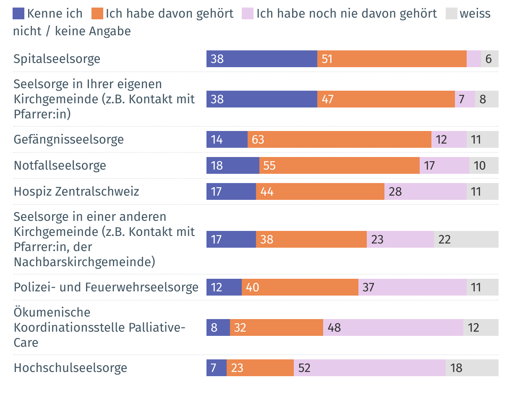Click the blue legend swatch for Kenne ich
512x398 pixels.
19,13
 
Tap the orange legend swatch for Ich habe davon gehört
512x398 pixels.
97,13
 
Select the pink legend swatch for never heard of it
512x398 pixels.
248,13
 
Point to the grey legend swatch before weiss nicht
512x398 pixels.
451,13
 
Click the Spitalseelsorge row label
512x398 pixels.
57,59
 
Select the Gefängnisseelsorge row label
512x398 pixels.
69,139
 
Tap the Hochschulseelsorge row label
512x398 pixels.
71,368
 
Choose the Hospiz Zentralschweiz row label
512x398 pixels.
76,192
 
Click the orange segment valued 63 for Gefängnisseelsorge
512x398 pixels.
339,139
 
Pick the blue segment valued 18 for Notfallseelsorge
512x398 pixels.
232,165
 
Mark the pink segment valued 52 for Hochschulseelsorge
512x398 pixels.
369,368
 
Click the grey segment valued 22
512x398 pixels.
466,239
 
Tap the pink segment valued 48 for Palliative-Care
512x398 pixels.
393,327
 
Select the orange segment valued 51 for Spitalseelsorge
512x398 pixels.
392,59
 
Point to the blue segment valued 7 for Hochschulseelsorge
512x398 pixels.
216,368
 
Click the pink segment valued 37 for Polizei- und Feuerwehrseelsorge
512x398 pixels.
412,288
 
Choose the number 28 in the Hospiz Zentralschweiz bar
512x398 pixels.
395,192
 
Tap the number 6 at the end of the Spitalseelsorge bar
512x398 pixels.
488,59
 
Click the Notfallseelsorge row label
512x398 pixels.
60,165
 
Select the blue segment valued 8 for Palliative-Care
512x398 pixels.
218,327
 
